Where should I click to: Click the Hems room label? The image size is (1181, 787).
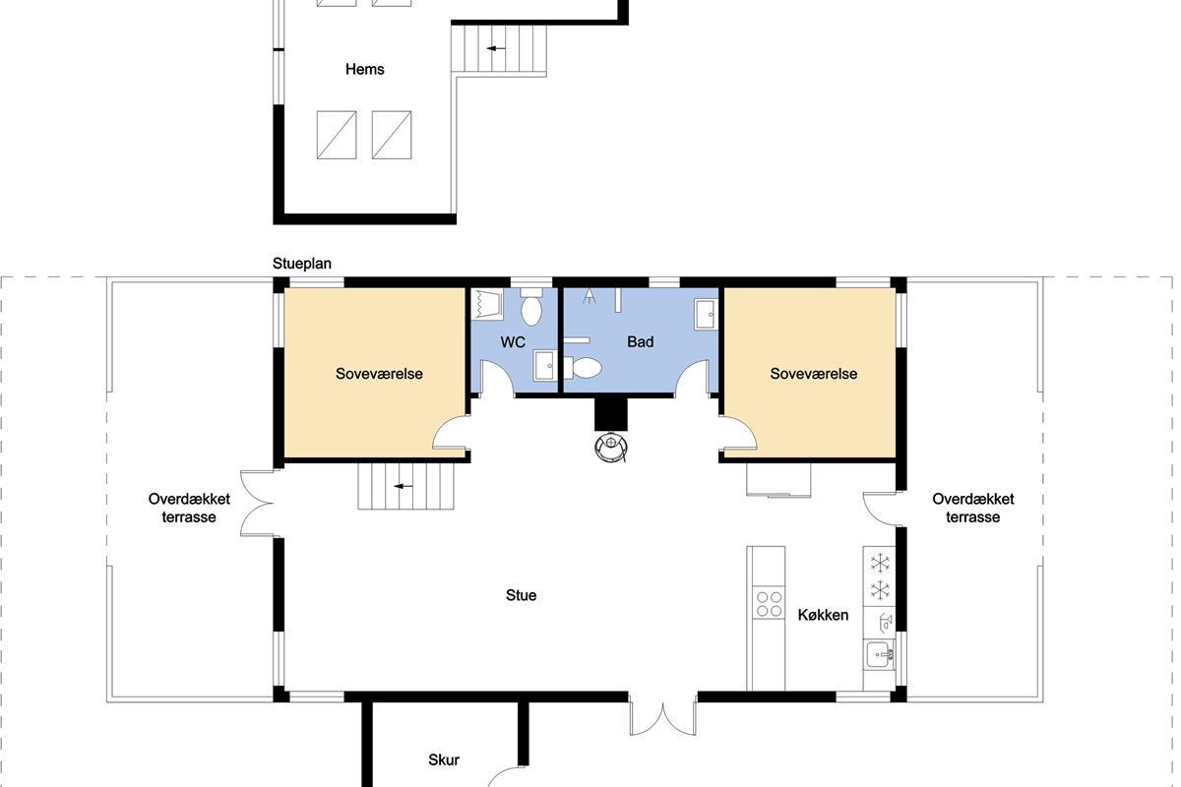coord(364,69)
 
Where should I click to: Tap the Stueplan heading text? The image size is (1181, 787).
coord(301,264)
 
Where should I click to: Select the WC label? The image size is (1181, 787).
coord(513,342)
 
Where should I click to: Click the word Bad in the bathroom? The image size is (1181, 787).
coord(640,341)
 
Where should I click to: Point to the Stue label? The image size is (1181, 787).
coord(521,595)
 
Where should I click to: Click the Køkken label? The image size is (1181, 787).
coord(823,615)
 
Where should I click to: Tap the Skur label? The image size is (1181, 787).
coord(444,759)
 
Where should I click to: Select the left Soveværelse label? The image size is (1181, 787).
coord(379,374)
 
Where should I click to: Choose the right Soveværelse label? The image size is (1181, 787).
coord(814,374)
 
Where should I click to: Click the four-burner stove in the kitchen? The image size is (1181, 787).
coord(769,604)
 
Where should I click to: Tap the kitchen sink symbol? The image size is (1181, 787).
coord(879,655)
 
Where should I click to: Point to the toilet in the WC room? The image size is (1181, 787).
coord(531,307)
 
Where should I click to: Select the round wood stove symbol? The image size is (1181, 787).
coord(611,448)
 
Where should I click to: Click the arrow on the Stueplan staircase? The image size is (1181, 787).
coord(404,486)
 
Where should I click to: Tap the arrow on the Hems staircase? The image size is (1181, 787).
coord(496,48)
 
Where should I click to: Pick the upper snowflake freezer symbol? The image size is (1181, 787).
coord(880,563)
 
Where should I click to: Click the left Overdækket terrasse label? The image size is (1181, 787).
coord(189,508)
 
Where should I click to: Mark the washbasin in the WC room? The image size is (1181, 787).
coord(544,365)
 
